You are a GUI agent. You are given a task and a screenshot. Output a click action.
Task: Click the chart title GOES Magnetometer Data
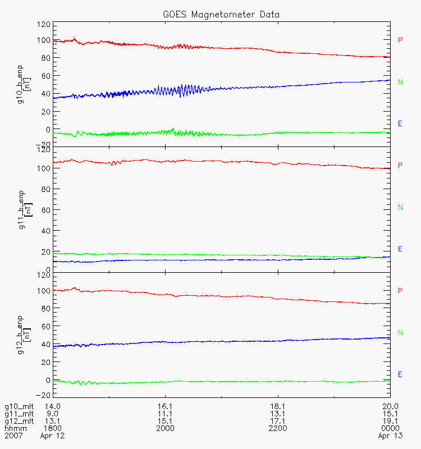[x=221, y=15]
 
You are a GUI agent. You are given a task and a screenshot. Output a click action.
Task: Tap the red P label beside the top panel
[x=400, y=40]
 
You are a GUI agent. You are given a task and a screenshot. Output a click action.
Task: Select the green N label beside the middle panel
[x=400, y=207]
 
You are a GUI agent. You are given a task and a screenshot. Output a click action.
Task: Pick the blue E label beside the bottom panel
[x=400, y=374]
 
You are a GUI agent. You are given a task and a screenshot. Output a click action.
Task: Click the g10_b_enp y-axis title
[x=24, y=85]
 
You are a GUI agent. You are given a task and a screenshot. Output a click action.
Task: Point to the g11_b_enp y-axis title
[x=25, y=210]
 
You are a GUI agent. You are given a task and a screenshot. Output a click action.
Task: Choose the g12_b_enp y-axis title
[x=24, y=335]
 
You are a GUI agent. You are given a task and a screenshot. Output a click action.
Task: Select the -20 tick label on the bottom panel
[x=43, y=395]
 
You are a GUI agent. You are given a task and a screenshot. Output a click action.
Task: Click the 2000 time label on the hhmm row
[x=165, y=428]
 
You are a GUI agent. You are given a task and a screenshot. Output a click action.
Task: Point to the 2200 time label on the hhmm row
[x=278, y=428]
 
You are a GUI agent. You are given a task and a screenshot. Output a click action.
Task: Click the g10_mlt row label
[x=19, y=406]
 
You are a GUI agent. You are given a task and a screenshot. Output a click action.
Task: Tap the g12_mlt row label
[x=19, y=421]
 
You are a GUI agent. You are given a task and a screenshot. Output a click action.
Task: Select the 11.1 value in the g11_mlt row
[x=165, y=414]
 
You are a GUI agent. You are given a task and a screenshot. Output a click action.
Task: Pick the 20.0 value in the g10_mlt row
[x=390, y=406]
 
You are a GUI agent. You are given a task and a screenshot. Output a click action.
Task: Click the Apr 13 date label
[x=390, y=436]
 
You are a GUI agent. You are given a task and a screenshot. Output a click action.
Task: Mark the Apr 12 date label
[x=52, y=436]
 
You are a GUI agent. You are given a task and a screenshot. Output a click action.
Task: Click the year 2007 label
[x=13, y=436]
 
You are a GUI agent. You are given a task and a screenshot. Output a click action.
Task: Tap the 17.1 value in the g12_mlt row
[x=277, y=421]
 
